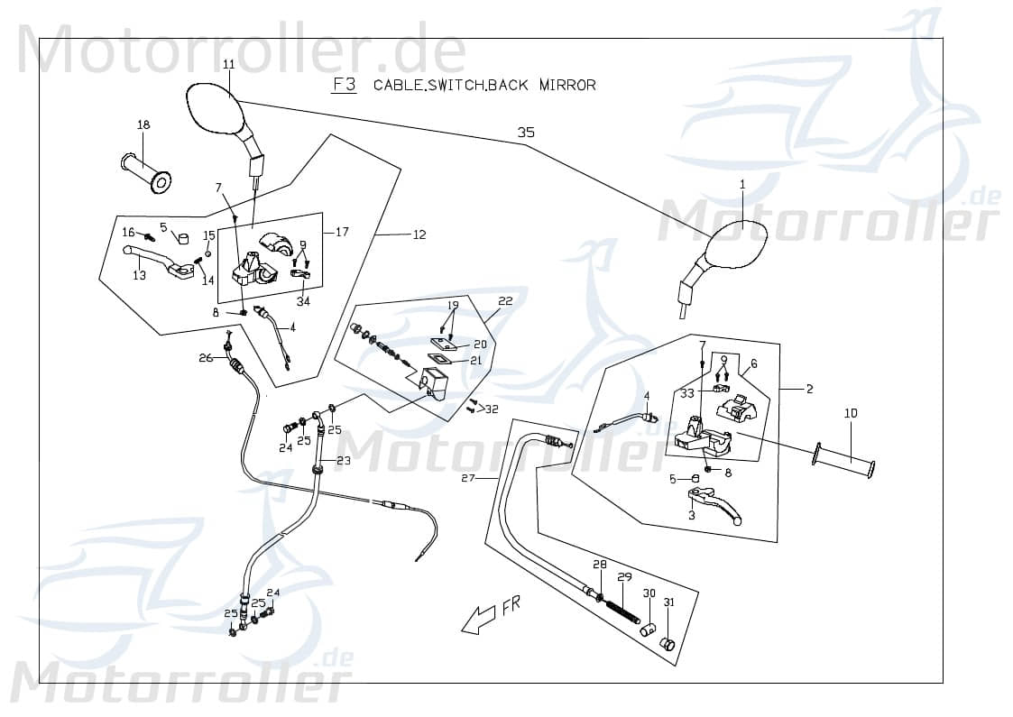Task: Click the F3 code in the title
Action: click(344, 85)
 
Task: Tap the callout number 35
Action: click(526, 133)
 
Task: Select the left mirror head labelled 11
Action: click(215, 108)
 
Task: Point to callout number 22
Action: click(505, 301)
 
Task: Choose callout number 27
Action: click(468, 477)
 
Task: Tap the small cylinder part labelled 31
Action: click(668, 643)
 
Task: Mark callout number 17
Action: click(342, 232)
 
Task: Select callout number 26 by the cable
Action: click(206, 358)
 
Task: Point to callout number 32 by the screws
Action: click(492, 409)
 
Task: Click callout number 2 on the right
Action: click(809, 389)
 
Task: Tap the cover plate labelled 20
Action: click(443, 344)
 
